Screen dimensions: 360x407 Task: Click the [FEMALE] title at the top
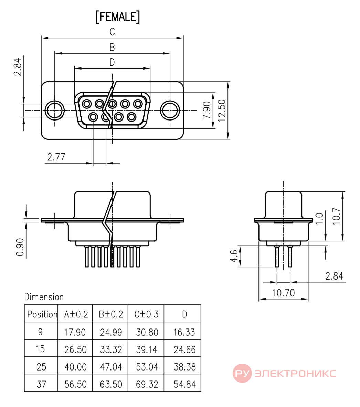[117, 17]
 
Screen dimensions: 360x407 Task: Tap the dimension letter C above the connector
[112, 32]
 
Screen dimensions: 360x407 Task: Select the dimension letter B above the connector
[112, 47]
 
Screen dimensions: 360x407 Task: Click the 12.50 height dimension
[222, 111]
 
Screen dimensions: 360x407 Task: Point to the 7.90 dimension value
[207, 110]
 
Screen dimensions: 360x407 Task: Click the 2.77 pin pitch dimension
[56, 157]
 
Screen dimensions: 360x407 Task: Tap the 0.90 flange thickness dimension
[20, 247]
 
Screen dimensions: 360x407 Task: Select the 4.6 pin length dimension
[234, 256]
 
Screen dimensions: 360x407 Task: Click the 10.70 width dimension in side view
[283, 293]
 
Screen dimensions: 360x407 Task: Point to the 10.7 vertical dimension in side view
[336, 216]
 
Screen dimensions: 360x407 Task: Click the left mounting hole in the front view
[55, 110]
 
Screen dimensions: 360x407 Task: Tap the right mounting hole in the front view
[170, 110]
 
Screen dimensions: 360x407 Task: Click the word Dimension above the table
[44, 297]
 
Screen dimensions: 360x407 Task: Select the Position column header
[42, 314]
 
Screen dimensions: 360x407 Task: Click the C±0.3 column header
[146, 314]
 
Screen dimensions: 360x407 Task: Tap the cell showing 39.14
[147, 349]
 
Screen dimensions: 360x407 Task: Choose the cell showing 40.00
[75, 367]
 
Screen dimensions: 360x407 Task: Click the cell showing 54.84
[185, 384]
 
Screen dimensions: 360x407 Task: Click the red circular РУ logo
[242, 373]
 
